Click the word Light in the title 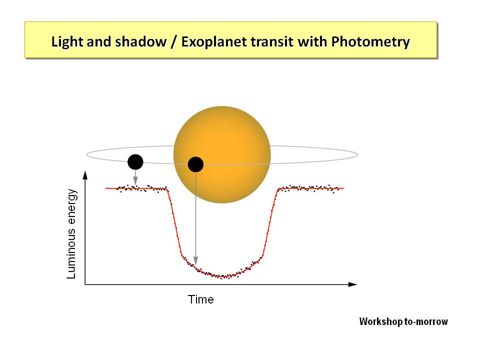64,42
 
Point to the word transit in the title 272,41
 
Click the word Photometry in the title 370,42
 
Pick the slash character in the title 174,42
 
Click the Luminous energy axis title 71,234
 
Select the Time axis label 200,299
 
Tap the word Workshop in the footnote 381,321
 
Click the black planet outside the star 135,162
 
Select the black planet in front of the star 195,164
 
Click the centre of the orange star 222,154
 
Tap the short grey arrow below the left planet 135,177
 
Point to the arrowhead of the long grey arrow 195,261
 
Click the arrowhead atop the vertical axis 85,175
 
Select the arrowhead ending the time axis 352,284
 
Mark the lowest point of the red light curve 223,276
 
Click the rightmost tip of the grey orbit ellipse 357,155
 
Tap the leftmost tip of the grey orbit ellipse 86,155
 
